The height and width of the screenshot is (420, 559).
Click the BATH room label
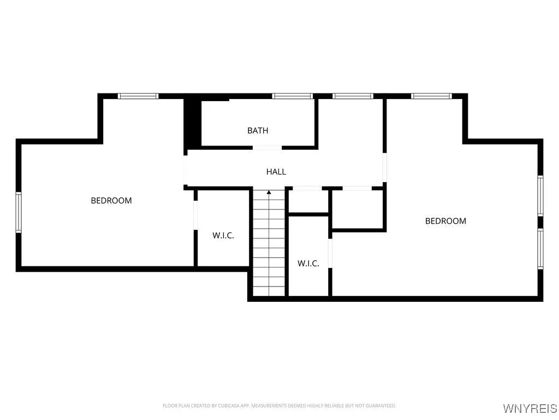[258, 131]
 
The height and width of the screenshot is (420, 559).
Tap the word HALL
[276, 172]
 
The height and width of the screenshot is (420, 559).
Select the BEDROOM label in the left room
[111, 201]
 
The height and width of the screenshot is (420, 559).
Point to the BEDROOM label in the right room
[445, 221]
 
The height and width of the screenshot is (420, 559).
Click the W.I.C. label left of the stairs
[223, 236]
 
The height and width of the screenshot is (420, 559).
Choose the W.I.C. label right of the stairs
[308, 264]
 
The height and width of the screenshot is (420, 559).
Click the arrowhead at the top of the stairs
[269, 192]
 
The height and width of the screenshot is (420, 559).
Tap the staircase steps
[269, 246]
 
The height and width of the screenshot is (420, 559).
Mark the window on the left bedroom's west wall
[18, 212]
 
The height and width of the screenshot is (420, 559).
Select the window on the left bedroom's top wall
[138, 96]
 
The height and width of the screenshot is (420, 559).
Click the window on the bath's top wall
[293, 96]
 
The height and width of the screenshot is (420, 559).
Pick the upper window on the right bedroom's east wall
[540, 195]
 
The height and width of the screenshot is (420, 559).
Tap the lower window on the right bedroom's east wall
[540, 249]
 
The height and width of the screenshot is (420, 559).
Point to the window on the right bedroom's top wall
[432, 96]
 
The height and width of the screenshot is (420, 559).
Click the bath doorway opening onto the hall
[267, 147]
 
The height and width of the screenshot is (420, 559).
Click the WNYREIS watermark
[530, 409]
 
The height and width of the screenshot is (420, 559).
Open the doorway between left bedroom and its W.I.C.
[195, 216]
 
